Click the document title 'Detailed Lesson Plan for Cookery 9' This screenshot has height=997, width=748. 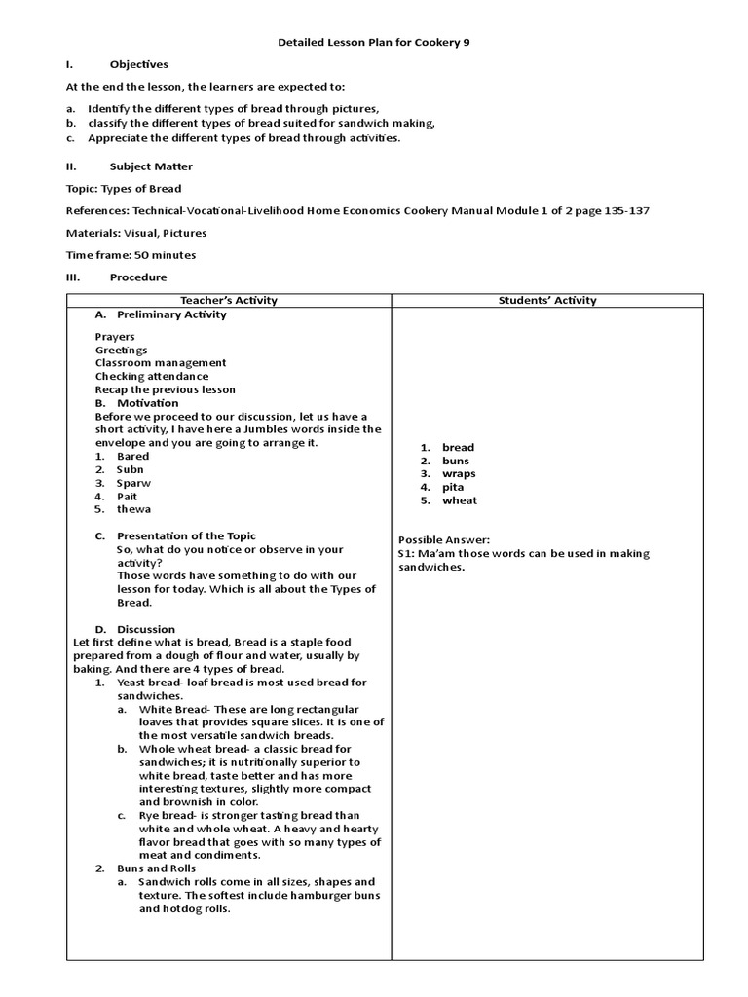pyautogui.click(x=374, y=44)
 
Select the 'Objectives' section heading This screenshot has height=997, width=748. pyautogui.click(x=138, y=65)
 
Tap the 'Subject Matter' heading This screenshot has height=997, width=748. pyautogui.click(x=151, y=166)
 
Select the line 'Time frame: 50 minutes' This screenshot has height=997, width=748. pyautogui.click(x=131, y=255)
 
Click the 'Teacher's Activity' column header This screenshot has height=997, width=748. pyautogui.click(x=229, y=300)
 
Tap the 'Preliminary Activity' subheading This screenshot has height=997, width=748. pyautogui.click(x=171, y=314)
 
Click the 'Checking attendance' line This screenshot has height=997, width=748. pyautogui.click(x=152, y=376)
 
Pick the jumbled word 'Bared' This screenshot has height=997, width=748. pyautogui.click(x=133, y=456)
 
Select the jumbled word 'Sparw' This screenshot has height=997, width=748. pyautogui.click(x=134, y=482)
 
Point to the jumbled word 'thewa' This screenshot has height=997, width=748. pyautogui.click(x=134, y=509)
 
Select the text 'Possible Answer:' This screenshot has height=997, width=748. pyautogui.click(x=444, y=540)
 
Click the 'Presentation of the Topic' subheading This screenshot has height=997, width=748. pyautogui.click(x=186, y=535)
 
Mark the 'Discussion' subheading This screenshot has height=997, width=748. pyautogui.click(x=146, y=629)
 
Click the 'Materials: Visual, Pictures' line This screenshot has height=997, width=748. pyautogui.click(x=136, y=233)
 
